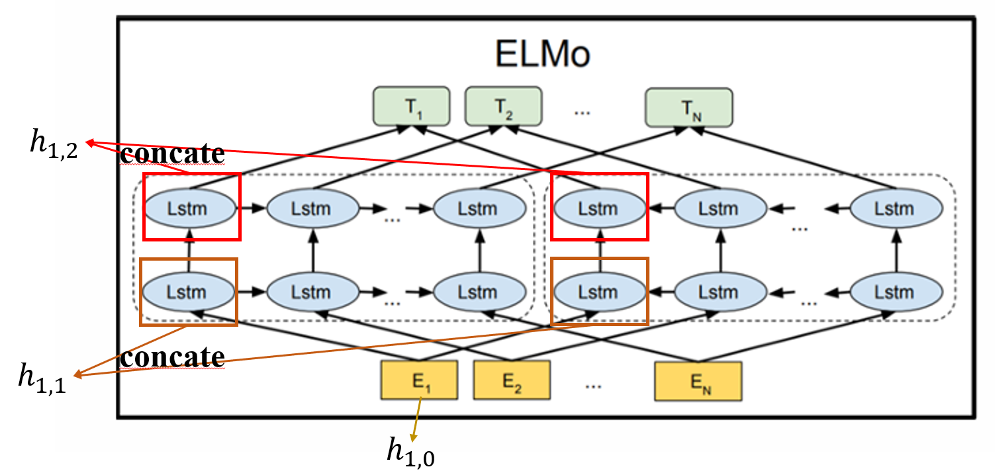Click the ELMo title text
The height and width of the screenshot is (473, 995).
[542, 56]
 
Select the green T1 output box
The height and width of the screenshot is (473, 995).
[411, 106]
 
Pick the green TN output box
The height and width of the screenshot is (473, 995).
[688, 106]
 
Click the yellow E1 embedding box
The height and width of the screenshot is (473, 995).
[419, 380]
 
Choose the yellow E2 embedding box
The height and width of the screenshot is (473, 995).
[512, 380]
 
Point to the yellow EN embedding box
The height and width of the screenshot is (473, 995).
[698, 380]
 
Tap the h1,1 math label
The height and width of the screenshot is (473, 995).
[42, 377]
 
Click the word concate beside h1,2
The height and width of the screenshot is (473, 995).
[172, 153]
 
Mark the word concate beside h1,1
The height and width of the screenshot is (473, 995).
[172, 357]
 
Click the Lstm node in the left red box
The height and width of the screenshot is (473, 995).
[190, 209]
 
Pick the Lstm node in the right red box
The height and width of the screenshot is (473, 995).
[598, 209]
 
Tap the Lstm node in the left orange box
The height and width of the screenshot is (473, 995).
[189, 292]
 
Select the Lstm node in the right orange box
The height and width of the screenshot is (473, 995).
[598, 292]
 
